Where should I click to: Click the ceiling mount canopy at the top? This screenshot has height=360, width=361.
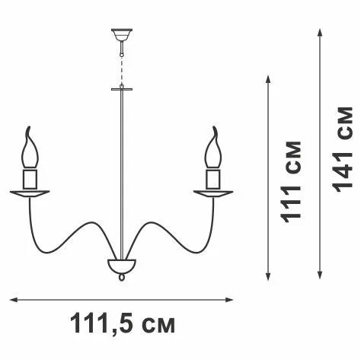point(122,35)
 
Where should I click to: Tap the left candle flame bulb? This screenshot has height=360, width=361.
point(30,150)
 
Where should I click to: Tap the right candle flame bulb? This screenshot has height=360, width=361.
point(213,150)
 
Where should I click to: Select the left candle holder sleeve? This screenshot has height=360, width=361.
point(30,179)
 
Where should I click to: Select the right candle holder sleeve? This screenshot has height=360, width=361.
point(213,179)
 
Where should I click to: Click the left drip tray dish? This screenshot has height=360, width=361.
point(30,193)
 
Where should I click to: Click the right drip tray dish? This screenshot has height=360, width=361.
point(213,193)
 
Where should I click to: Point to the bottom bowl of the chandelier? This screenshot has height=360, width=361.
point(122,266)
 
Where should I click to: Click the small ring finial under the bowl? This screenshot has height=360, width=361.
point(122,277)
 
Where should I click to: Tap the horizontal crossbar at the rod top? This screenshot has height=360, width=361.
point(122,89)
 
